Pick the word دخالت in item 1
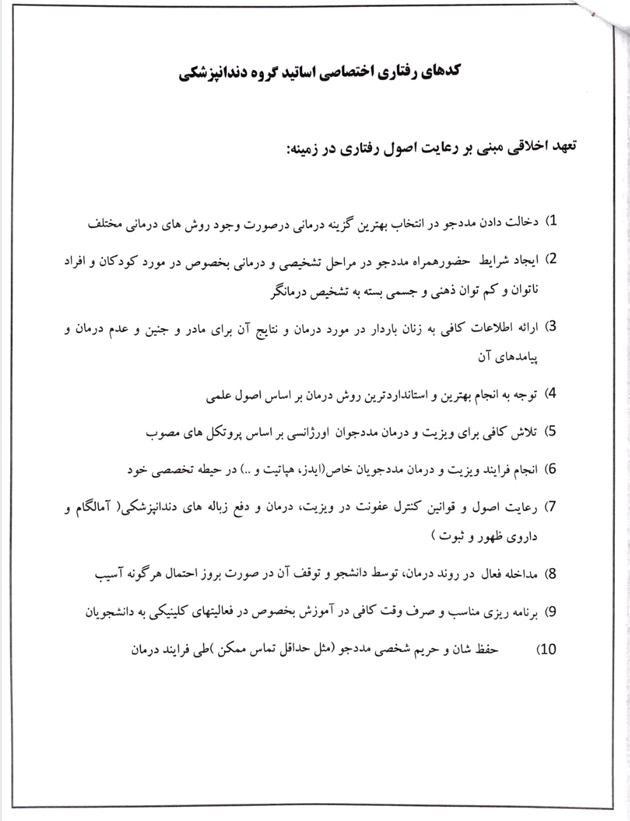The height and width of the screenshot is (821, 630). pyautogui.click(x=525, y=222)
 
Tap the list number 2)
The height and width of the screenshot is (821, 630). pyautogui.click(x=552, y=259)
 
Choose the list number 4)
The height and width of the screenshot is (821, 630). pyautogui.click(x=552, y=393)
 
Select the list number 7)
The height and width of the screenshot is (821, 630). pyautogui.click(x=552, y=506)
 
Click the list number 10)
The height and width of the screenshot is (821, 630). pyautogui.click(x=547, y=649)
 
